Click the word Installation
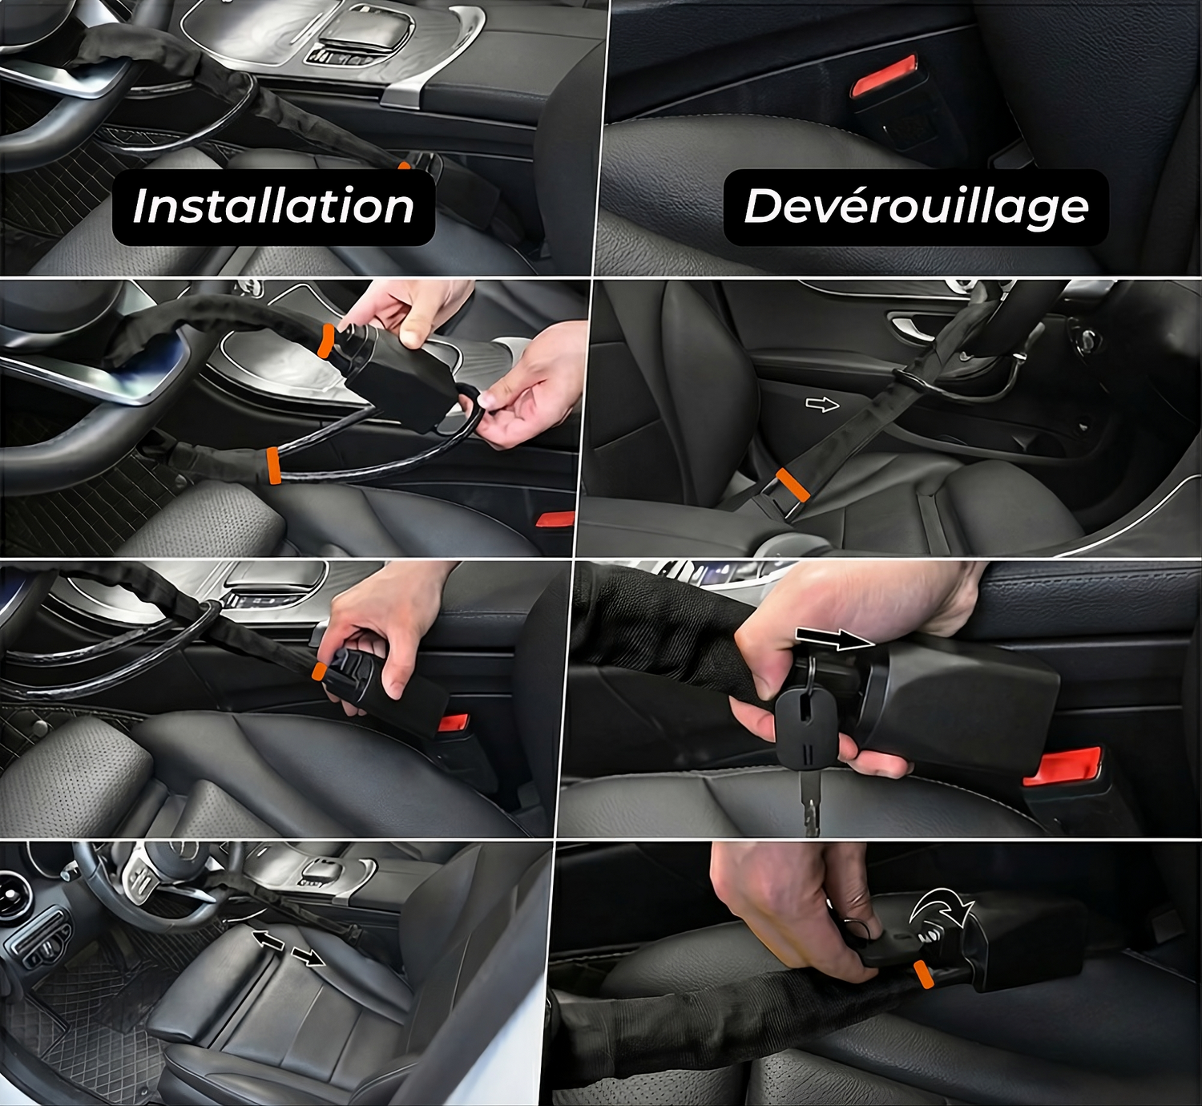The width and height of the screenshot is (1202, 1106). [273, 206]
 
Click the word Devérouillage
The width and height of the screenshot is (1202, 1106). [916, 208]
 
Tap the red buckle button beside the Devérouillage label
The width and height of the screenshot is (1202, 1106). [884, 75]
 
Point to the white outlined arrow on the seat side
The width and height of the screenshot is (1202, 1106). [822, 406]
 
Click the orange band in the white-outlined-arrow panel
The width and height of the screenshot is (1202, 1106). [793, 485]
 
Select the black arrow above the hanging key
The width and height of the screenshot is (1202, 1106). [835, 639]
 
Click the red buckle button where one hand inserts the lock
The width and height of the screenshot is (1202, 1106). [454, 723]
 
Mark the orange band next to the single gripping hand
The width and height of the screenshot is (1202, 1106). [319, 671]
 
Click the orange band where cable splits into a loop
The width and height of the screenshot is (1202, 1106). [272, 465]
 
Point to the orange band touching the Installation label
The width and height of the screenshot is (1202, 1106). [405, 165]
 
